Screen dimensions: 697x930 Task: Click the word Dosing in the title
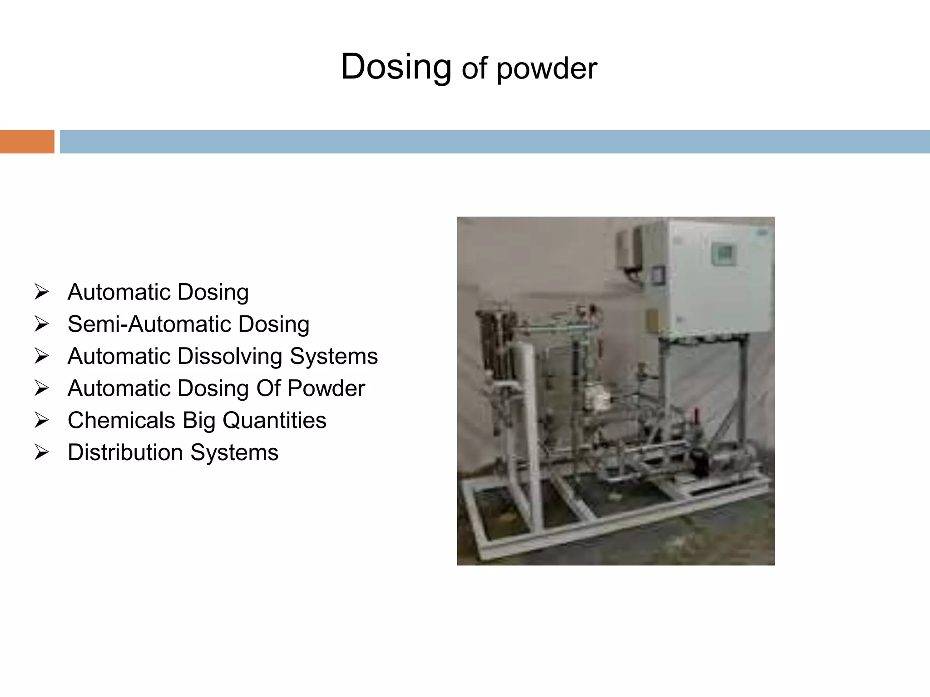click(396, 67)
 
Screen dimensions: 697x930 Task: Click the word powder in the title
click(547, 69)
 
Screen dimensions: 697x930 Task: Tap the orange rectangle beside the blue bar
click(27, 142)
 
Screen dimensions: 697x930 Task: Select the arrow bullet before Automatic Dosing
click(41, 292)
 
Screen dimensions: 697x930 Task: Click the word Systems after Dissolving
click(334, 356)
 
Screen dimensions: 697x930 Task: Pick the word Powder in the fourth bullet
click(326, 388)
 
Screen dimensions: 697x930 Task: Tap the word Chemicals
click(121, 420)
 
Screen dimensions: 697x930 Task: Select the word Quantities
click(274, 420)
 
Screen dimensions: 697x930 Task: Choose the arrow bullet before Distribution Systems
click(41, 452)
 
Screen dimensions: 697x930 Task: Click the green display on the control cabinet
click(722, 253)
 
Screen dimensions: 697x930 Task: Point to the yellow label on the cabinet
click(652, 320)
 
